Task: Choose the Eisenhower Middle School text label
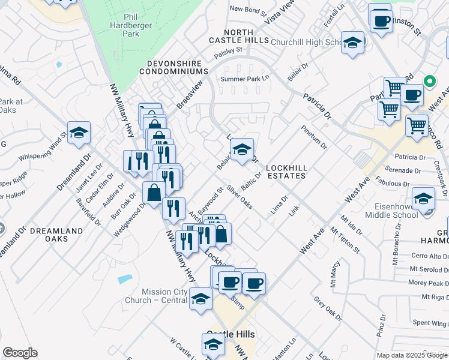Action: coord(409,211)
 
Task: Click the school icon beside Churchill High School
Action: coord(352,43)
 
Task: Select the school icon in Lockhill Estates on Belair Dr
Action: coord(242,151)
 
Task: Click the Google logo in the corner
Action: coord(20,353)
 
